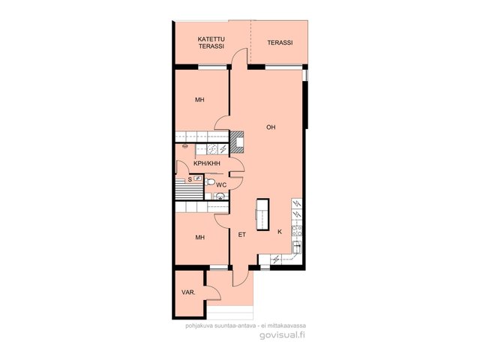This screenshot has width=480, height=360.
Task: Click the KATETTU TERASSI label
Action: point(211,43)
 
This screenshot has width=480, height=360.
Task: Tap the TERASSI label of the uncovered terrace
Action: point(280,43)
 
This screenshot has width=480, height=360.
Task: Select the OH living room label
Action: point(271,127)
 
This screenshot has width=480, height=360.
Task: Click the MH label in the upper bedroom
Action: point(200,100)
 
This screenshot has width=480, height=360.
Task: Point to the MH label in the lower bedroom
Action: point(200,238)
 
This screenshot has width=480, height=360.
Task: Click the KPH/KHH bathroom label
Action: point(207,163)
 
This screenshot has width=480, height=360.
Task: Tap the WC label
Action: point(221,185)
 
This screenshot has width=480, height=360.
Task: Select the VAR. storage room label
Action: point(188,292)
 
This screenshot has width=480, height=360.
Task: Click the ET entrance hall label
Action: point(241,235)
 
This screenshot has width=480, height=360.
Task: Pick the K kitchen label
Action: point(280,232)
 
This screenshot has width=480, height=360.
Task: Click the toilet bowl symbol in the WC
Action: point(210,181)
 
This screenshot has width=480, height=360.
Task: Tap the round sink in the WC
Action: point(220,196)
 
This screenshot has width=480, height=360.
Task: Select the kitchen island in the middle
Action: point(262,214)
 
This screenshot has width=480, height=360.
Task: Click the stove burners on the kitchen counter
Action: point(296,231)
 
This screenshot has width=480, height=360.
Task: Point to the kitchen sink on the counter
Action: point(297,247)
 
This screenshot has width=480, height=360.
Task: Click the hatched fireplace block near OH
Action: point(237,142)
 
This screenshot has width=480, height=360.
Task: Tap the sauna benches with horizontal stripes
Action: point(189,190)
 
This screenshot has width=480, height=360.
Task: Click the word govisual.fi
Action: point(282,335)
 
